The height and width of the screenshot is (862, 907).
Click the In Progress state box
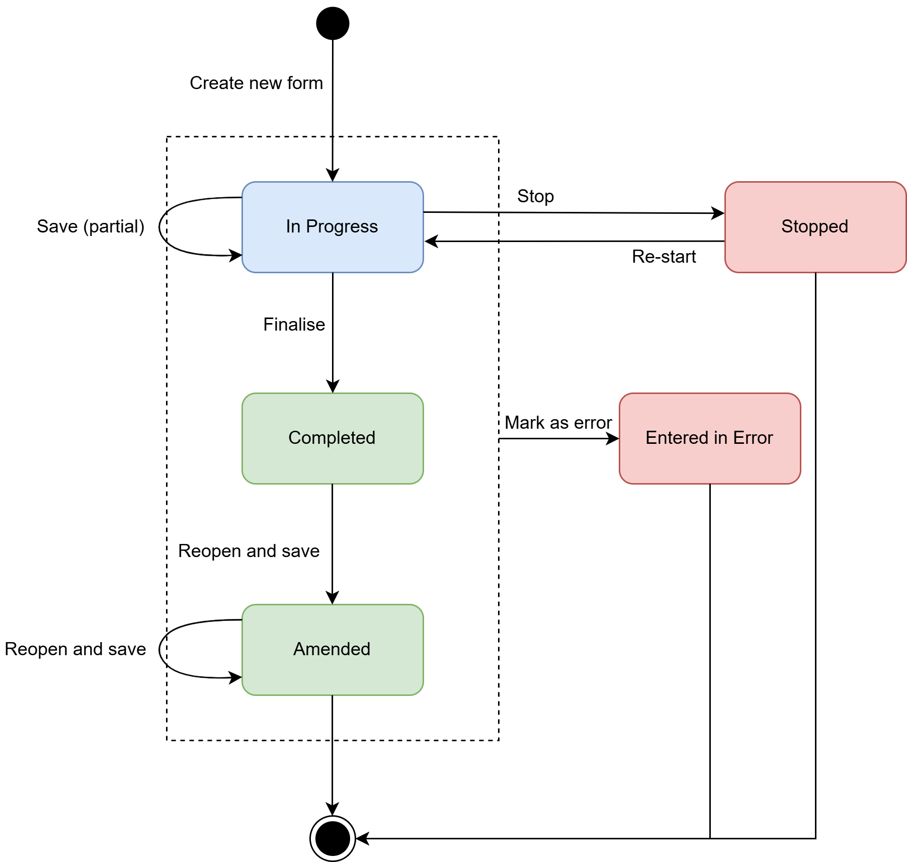pyautogui.click(x=332, y=227)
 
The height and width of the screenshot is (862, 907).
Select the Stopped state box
pyautogui.click(x=814, y=227)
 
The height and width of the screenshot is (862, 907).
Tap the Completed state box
pyautogui.click(x=332, y=438)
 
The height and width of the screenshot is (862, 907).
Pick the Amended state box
pyautogui.click(x=332, y=650)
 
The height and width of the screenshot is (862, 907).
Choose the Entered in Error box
pyautogui.click(x=709, y=438)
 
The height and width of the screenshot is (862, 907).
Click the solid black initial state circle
pyautogui.click(x=333, y=23)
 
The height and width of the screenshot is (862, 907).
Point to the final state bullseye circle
pyautogui.click(x=333, y=838)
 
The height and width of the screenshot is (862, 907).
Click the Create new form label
pyautogui.click(x=256, y=83)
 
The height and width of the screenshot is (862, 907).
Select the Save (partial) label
pyautogui.click(x=91, y=226)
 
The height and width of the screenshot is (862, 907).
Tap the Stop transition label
pyautogui.click(x=535, y=196)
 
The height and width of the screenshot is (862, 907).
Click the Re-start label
pyautogui.click(x=664, y=257)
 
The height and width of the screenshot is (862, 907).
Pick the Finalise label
pyautogui.click(x=294, y=325)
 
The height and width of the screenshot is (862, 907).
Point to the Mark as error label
pyautogui.click(x=558, y=423)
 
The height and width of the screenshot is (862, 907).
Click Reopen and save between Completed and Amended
pyautogui.click(x=249, y=551)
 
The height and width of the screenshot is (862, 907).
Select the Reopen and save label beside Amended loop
pyautogui.click(x=75, y=649)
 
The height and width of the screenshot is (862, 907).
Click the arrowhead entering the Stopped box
pyautogui.click(x=718, y=213)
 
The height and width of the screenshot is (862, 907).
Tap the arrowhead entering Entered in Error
pyautogui.click(x=613, y=439)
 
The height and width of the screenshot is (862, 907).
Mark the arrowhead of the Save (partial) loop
pyautogui.click(x=236, y=255)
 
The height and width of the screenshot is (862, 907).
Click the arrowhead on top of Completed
pyautogui.click(x=333, y=387)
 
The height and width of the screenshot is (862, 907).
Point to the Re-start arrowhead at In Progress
pyautogui.click(x=431, y=242)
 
